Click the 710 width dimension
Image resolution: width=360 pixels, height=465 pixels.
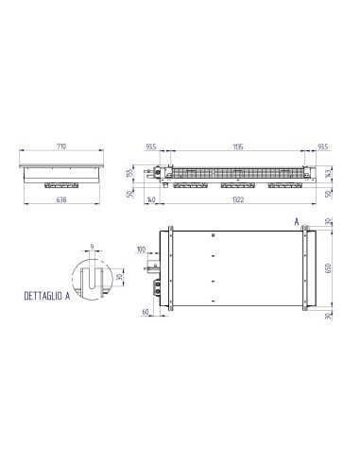click(x=60, y=148)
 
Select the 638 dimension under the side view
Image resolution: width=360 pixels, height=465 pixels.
click(x=60, y=200)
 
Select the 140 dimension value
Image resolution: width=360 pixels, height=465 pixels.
click(x=151, y=200)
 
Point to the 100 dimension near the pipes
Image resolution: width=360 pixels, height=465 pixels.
click(x=141, y=250)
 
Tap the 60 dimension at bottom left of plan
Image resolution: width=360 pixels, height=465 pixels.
click(x=146, y=311)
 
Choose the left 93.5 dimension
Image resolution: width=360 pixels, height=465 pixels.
click(x=151, y=148)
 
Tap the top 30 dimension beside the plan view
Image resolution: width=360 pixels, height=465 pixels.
click(x=327, y=222)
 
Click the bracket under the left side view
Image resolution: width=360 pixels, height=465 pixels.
click(x=60, y=184)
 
